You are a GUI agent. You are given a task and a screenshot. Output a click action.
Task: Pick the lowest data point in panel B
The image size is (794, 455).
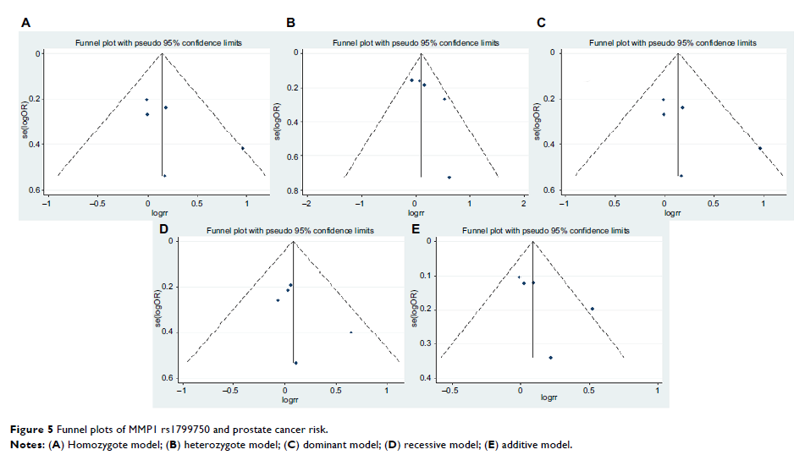pyautogui.click(x=449, y=178)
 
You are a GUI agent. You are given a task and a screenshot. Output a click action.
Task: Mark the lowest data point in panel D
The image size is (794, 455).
pyautogui.click(x=295, y=363)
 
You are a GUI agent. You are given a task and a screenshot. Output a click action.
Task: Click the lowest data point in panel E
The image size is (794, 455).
pyautogui.click(x=551, y=358)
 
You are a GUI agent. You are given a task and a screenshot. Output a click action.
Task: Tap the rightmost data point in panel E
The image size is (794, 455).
pyautogui.click(x=593, y=309)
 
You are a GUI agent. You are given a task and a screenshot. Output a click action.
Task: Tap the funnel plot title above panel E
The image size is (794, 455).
pyautogui.click(x=544, y=231)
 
